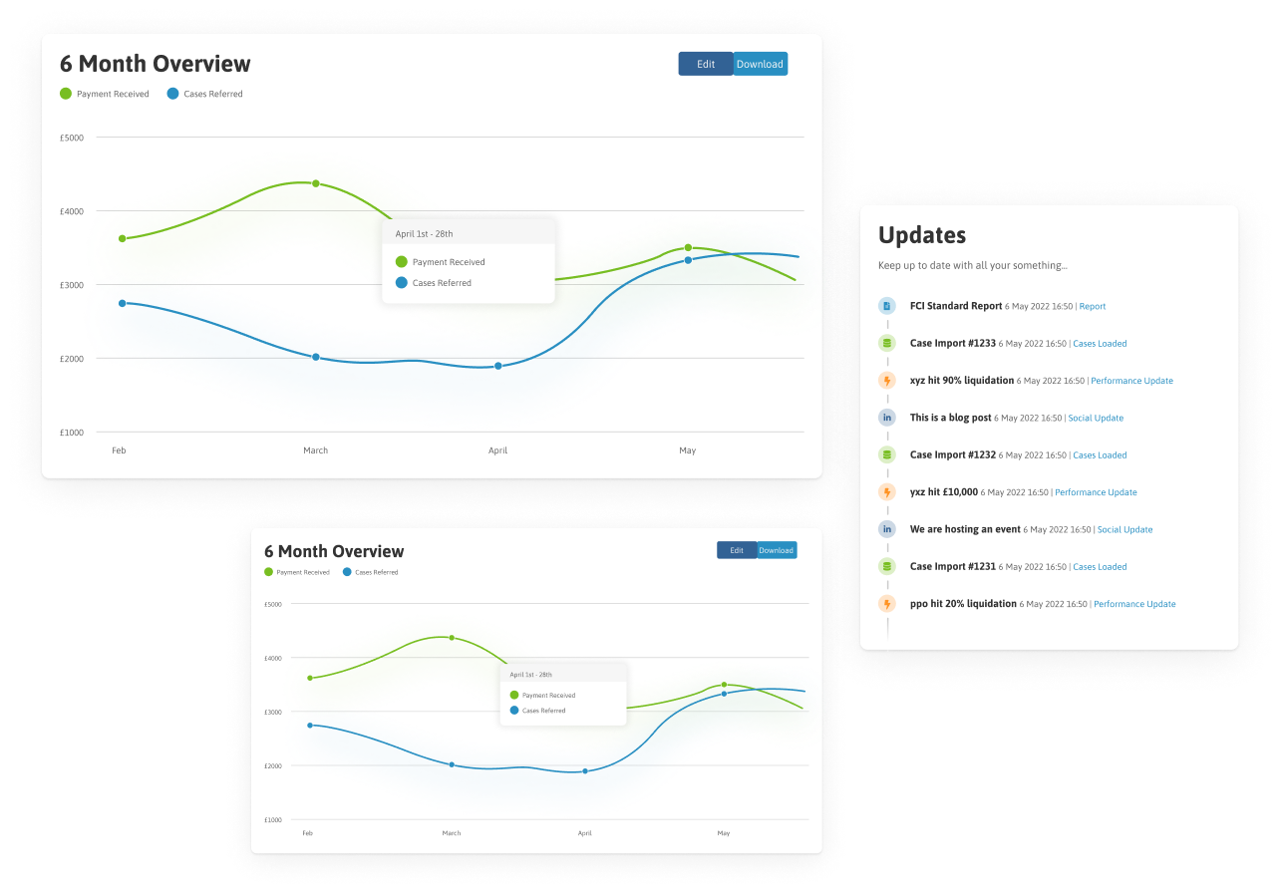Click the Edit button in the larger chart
coord(705,64)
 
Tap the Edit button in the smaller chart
coord(737,550)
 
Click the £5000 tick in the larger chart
coord(72,138)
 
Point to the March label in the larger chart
coord(316,450)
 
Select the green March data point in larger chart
coord(316,183)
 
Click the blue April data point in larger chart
coord(498,366)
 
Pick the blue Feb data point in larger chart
coord(122,303)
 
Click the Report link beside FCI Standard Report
coord(1093,306)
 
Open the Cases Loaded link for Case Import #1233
coord(1100,344)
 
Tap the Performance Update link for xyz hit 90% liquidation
coord(1131,381)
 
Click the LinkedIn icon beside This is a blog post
coord(887,418)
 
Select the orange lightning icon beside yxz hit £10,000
coord(887,491)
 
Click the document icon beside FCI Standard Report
coord(887,306)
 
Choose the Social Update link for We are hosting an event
coord(1124,530)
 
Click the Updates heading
coord(922,235)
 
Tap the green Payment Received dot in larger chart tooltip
coord(402,262)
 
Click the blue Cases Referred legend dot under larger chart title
coord(172,93)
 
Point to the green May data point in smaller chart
coord(724,685)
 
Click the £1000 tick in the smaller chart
coord(273,819)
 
